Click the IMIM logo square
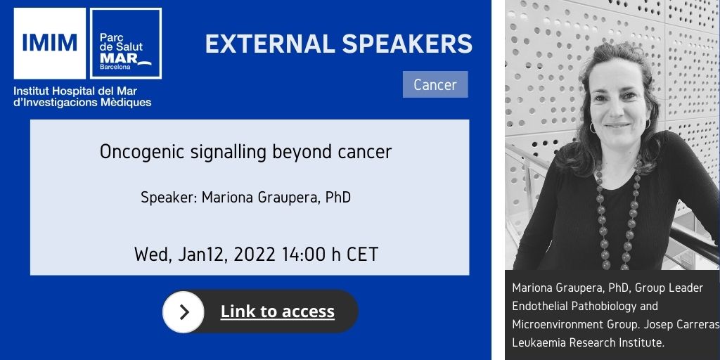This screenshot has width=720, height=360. (50, 43)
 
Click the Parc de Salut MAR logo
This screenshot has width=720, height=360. (126, 43)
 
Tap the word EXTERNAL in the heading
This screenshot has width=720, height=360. (270, 44)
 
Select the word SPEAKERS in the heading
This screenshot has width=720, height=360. (407, 44)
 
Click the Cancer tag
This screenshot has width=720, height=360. (435, 84)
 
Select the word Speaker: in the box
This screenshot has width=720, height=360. (169, 198)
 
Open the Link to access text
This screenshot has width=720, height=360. (277, 311)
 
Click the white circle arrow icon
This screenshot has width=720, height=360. (184, 311)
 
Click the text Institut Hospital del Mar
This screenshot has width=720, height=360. (75, 91)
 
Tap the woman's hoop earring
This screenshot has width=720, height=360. (592, 128)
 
